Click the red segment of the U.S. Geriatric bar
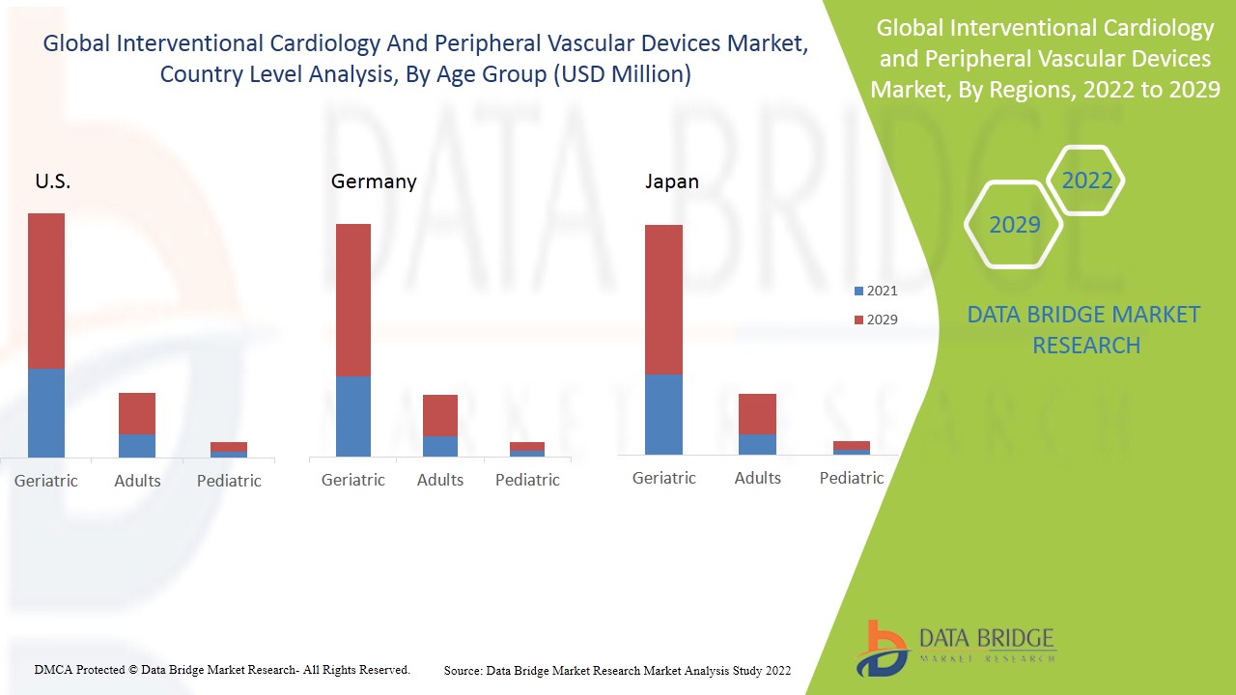(46, 291)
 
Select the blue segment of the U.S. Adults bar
(137, 445)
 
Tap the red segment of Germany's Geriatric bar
(353, 299)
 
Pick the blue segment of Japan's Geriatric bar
(663, 414)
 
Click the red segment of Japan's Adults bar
(757, 413)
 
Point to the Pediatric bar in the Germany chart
(527, 449)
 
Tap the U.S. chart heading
(53, 181)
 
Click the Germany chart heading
(374, 181)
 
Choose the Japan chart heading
(672, 181)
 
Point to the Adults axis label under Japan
(757, 478)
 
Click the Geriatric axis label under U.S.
(46, 481)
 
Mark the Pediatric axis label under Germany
(527, 480)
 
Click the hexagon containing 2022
(1086, 181)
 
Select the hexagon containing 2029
(1014, 225)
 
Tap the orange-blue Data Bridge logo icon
(881, 648)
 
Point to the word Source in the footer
(463, 670)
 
